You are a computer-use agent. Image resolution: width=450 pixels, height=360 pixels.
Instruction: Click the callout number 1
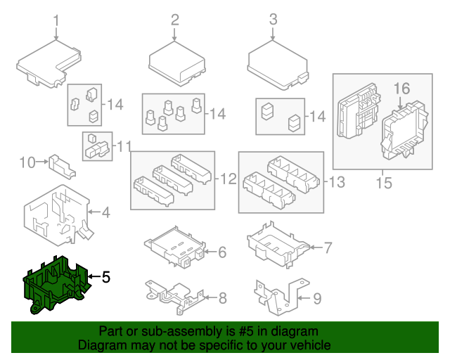pos(56,21)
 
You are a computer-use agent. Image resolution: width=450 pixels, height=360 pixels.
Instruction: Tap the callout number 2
pos(175,20)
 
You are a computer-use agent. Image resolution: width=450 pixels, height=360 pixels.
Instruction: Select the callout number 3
pos(274,19)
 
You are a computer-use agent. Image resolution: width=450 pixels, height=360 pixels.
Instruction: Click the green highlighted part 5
pos(56,284)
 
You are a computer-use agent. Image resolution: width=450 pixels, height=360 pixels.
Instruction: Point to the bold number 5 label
pos(106,277)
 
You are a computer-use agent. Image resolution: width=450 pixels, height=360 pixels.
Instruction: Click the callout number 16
pos(401,89)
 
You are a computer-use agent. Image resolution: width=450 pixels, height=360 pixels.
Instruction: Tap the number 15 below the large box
pos(384,183)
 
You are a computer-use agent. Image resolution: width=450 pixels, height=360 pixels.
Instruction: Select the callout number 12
pos(229,179)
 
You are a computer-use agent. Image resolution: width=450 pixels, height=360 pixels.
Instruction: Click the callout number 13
pos(337,181)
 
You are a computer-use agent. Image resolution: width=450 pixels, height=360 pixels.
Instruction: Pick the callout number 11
pos(124,146)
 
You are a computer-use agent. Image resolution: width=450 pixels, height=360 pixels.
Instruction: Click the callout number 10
pos(27,162)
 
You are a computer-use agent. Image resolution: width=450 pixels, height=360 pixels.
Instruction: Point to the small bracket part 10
pos(62,167)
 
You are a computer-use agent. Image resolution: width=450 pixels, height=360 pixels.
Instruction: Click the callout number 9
pos(317,299)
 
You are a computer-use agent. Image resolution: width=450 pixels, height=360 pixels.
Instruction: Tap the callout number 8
pos(223,298)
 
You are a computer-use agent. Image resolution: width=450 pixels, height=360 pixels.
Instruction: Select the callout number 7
pos(328,247)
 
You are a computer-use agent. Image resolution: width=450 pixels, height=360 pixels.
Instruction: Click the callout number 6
pos(222,252)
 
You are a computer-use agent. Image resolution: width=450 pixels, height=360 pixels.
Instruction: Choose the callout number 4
pos(106,213)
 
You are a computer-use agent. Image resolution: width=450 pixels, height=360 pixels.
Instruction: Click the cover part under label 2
pos(177,64)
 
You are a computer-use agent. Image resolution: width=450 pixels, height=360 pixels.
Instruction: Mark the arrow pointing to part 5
pos(94,276)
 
